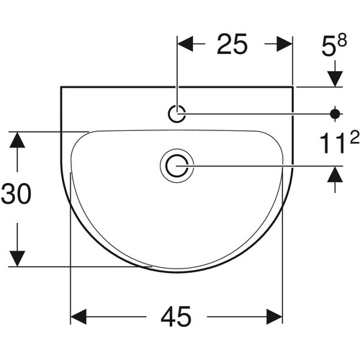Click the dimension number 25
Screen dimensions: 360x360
pyautogui.click(x=232, y=44)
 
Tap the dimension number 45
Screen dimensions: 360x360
pyautogui.click(x=176, y=317)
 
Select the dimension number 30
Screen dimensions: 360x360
pyautogui.click(x=16, y=194)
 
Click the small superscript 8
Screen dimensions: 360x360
pyautogui.click(x=342, y=40)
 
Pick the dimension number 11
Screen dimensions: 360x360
pyautogui.click(x=334, y=143)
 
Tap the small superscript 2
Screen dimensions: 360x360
pyautogui.click(x=354, y=138)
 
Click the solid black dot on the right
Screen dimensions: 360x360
pyautogui.click(x=335, y=114)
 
